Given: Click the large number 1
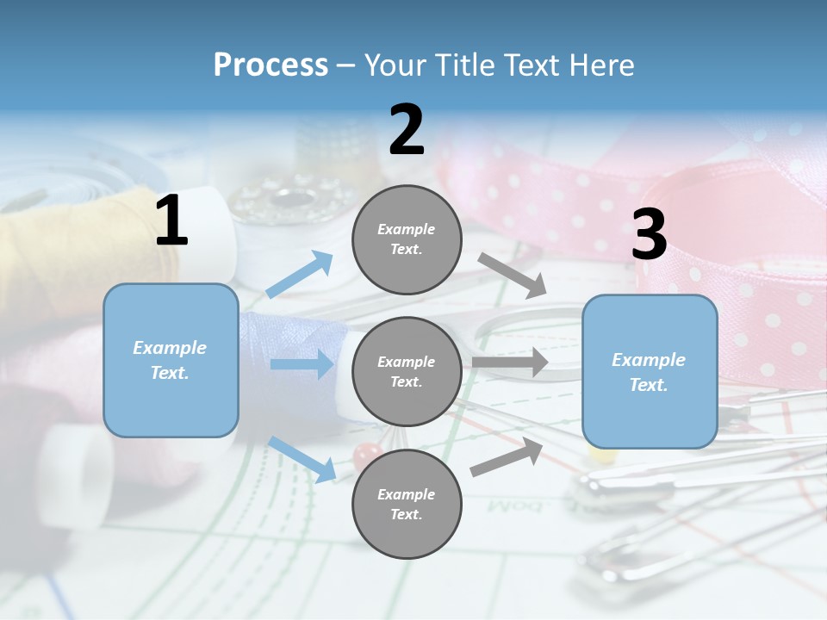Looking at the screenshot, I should pos(171,221).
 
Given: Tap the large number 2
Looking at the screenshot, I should pos(407,130).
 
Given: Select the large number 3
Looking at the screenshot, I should pos(650,235).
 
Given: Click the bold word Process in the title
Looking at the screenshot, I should pos(270,65).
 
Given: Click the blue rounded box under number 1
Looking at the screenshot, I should pos(171,360).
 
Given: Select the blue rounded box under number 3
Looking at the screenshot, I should pos(650,372).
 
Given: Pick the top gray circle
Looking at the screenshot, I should pos(407,239).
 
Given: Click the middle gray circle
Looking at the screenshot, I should pos(407,372).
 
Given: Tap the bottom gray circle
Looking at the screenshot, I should pos(407,505).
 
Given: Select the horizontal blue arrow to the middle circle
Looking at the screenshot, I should pos(302,364).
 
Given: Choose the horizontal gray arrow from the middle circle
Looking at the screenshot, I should pos(510,362).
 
